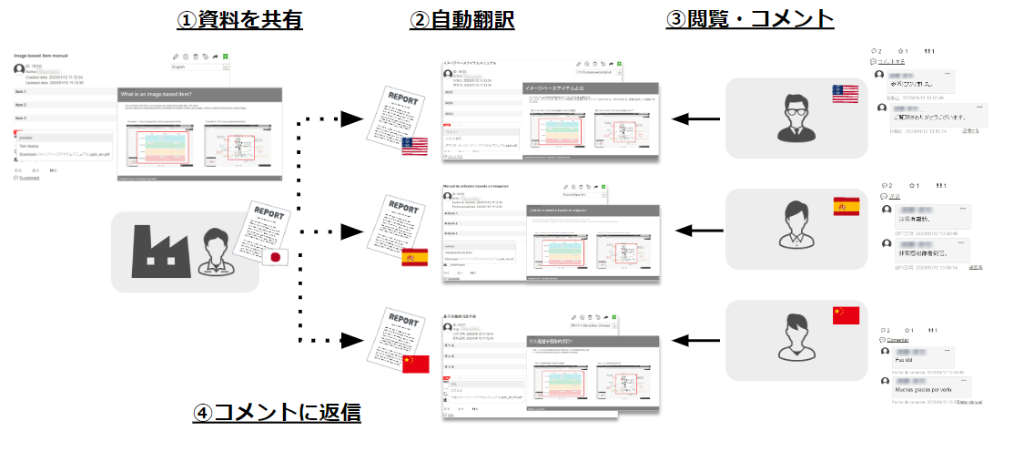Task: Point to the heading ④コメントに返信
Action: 277,412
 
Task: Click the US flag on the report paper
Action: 415,145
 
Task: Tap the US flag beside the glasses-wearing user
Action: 845,94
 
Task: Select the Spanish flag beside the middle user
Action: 846,207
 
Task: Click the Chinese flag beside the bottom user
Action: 846,315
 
